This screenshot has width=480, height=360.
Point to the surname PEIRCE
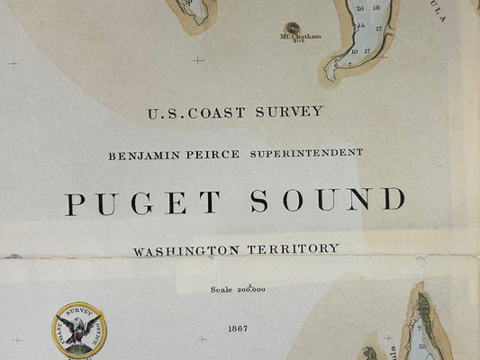point(214,155)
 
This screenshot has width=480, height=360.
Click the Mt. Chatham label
point(300,37)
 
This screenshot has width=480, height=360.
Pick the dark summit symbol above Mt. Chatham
point(293,28)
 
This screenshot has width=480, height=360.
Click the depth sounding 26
point(360,8)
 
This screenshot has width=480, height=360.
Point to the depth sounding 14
point(360,25)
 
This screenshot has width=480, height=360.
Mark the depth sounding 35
point(421,346)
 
